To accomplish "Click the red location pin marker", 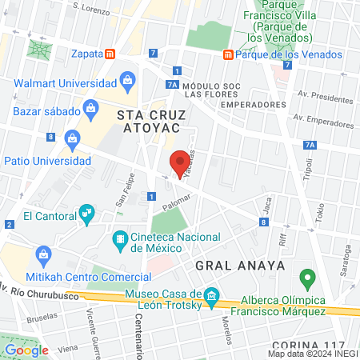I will click(x=181, y=163).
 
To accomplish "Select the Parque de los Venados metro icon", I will click(x=228, y=54).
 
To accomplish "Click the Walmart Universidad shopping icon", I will click(x=127, y=80).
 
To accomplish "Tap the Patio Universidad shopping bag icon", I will click(x=73, y=138).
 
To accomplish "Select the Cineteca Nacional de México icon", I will click(x=120, y=238).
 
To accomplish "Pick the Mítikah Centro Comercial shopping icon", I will click(x=43, y=255).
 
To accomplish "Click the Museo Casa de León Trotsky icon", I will click(x=211, y=296).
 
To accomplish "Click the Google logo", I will click(x=26, y=350).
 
